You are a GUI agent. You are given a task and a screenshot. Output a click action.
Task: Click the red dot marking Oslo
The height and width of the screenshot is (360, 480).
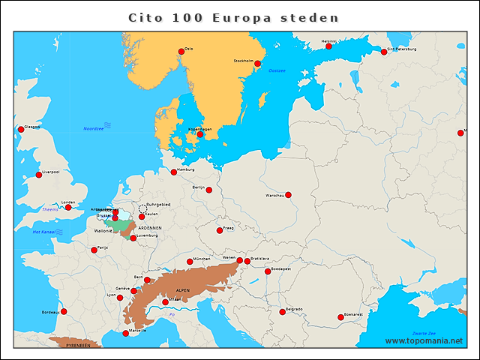(x=180, y=52)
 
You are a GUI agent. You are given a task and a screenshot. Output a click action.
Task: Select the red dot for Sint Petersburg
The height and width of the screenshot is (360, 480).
(x=384, y=52)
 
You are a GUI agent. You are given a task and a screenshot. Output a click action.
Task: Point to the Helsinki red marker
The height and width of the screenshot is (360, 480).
(x=328, y=46)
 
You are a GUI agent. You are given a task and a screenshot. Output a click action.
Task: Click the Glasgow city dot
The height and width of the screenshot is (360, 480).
(x=21, y=130)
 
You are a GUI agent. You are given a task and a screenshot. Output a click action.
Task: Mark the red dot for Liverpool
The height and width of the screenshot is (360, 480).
(x=39, y=175)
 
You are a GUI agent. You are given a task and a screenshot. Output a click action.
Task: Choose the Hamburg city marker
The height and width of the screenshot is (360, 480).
(x=174, y=172)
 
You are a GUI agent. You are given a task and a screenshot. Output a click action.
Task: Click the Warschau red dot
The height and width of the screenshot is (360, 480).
(x=288, y=195)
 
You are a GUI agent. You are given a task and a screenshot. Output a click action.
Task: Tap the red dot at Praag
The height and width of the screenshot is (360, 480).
(x=220, y=230)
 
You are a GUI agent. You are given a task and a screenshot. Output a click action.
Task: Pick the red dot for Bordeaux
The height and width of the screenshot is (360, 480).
(x=64, y=311)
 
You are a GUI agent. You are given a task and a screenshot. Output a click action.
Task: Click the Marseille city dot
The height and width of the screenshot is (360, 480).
(x=125, y=333)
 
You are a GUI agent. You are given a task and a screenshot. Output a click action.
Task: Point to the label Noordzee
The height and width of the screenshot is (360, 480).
(x=94, y=129)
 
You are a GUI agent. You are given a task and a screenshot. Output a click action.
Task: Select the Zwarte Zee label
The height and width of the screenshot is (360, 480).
(x=424, y=332)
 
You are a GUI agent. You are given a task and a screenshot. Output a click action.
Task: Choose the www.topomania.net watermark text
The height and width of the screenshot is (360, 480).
(x=424, y=341)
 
